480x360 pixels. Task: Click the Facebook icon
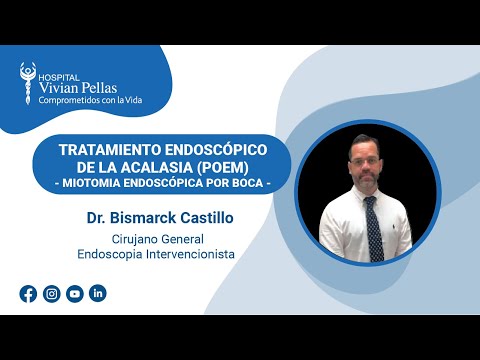click(28, 293)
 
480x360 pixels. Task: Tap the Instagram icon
click(51, 293)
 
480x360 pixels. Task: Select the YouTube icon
click(74, 293)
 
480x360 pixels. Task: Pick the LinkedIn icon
click(97, 293)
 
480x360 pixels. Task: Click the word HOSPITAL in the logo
click(56, 74)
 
